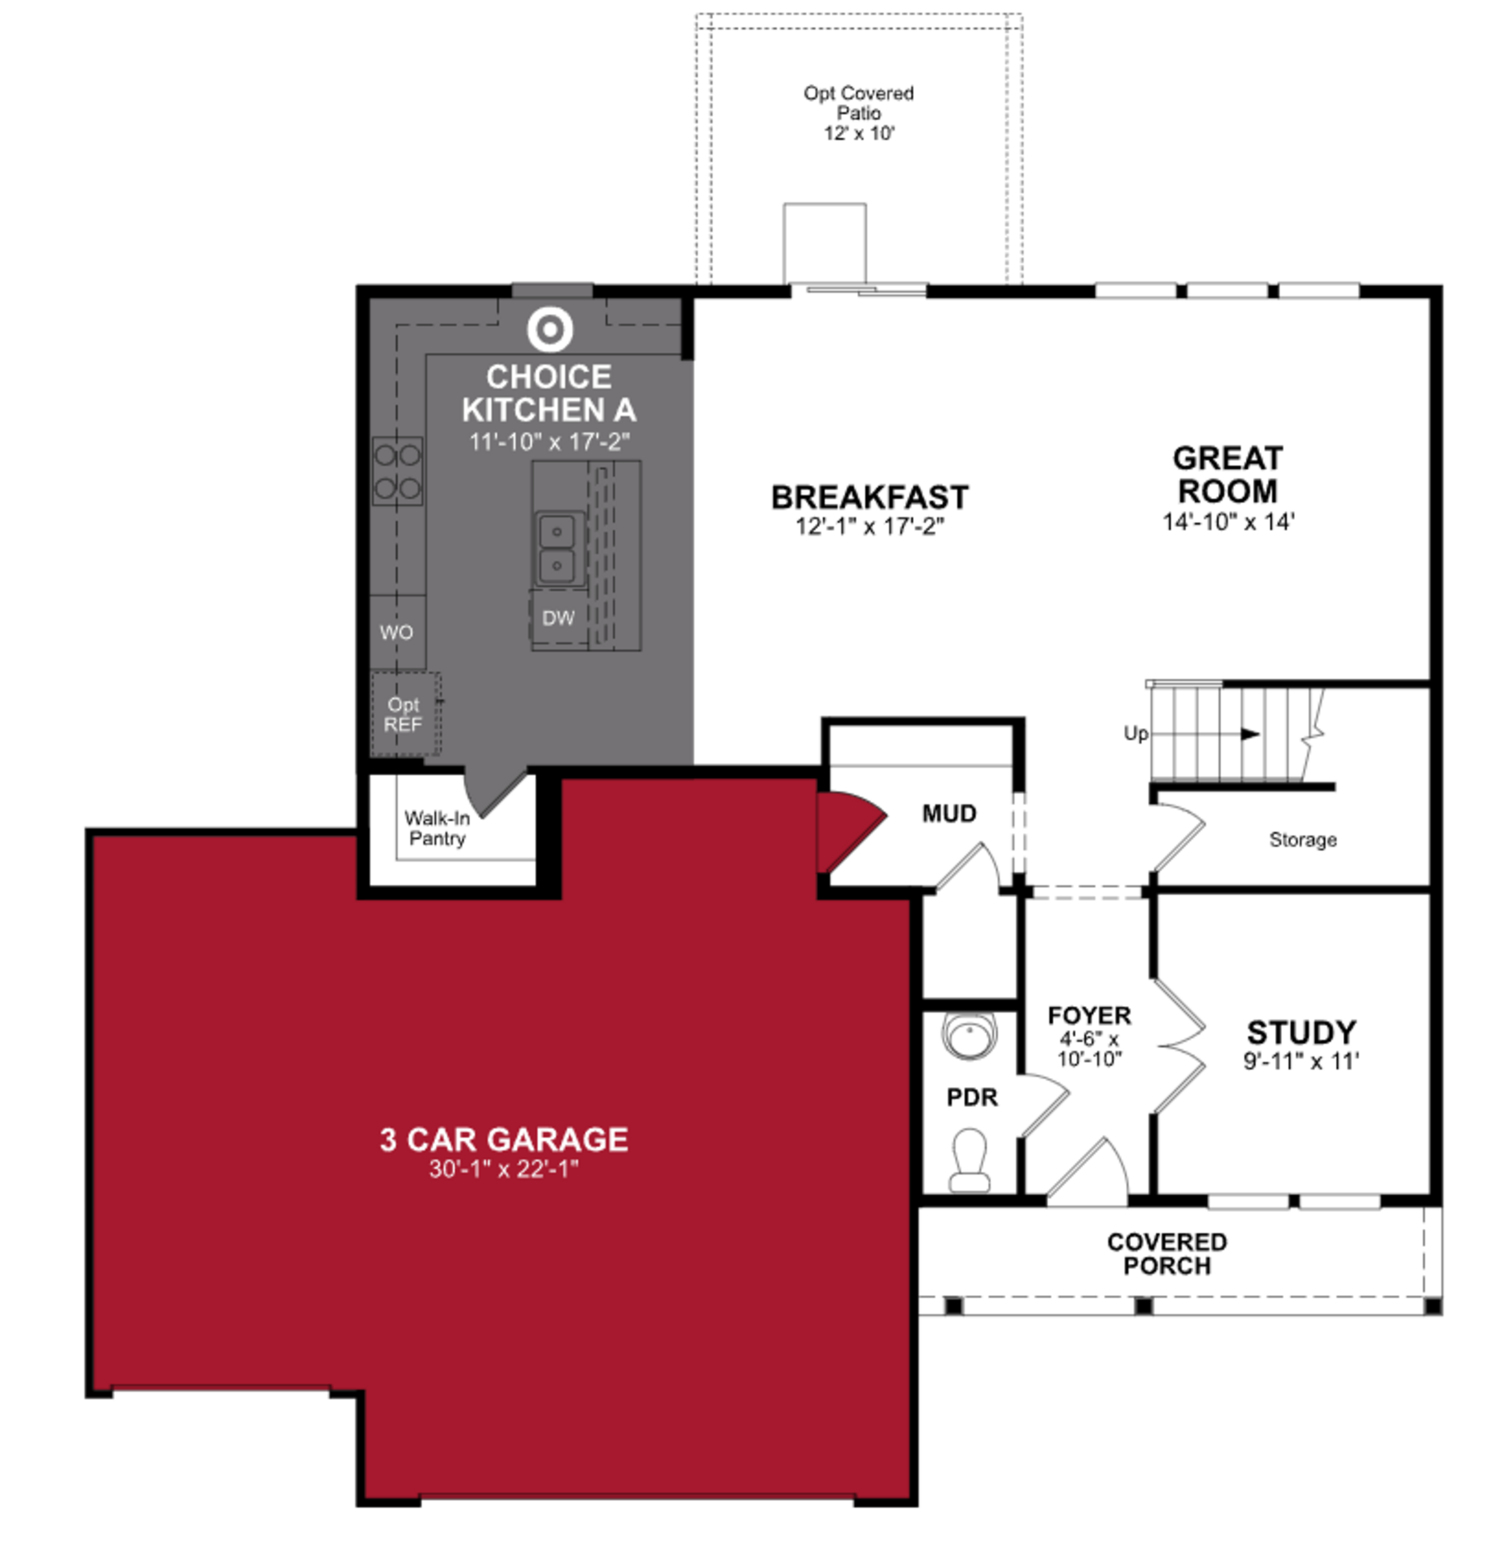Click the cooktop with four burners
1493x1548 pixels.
[x=397, y=472]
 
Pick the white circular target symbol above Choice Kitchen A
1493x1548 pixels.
[x=550, y=328]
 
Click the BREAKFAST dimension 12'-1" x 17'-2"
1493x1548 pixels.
[x=869, y=526]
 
